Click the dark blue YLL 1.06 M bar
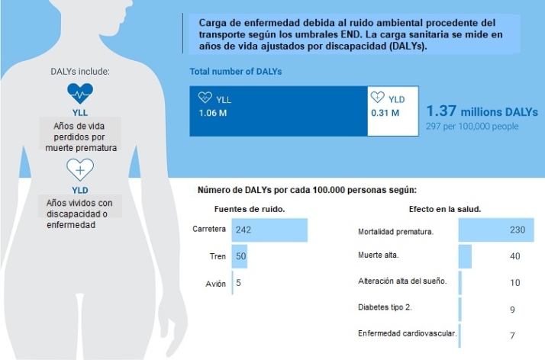279,111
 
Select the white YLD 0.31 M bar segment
393,111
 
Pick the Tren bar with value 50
240,256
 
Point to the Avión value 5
239,283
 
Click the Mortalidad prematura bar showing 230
496,230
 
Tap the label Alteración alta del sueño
402,281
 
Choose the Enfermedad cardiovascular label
408,334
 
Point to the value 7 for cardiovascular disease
513,336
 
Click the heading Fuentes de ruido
250,208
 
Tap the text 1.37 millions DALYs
482,112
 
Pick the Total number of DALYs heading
236,71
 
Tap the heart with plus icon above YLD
80,169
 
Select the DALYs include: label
80,72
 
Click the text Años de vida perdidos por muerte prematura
80,137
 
